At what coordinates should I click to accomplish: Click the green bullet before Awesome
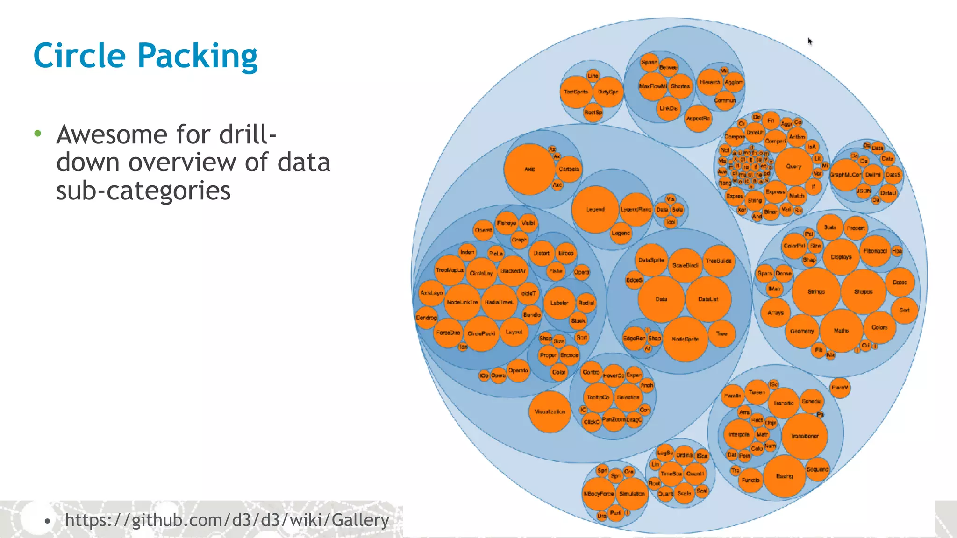pos(38,134)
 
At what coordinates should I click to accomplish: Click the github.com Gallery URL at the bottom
pos(227,520)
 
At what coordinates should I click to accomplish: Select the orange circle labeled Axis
pos(529,169)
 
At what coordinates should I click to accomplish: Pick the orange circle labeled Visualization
pos(550,412)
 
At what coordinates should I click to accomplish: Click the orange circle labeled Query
pos(793,166)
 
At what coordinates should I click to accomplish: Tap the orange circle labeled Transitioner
pos(804,436)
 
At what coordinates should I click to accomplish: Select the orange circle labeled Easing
pos(785,476)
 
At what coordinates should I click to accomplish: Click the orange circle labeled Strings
pos(816,291)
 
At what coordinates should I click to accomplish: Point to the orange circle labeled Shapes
pos(863,291)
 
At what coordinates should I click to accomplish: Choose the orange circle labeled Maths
pos(841,331)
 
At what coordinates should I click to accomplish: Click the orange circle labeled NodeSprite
pos(685,339)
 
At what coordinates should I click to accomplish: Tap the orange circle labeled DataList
pos(708,299)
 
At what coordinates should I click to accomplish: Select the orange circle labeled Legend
pos(595,209)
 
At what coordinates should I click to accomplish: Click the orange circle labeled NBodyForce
pos(599,494)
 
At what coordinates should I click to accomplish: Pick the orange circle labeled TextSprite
pos(576,92)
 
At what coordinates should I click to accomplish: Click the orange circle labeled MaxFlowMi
pos(653,86)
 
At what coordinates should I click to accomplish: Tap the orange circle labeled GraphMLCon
pos(845,175)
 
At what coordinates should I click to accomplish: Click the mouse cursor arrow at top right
pos(810,42)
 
